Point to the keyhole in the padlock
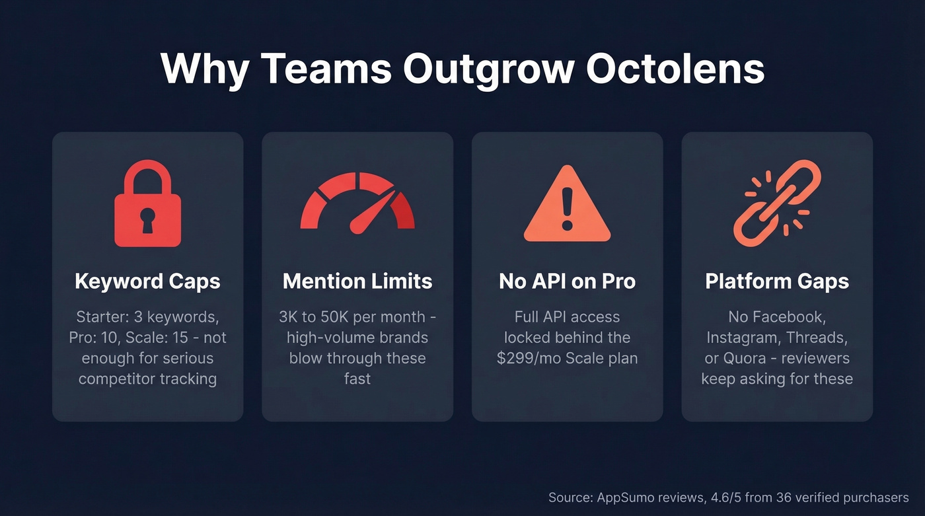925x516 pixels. [x=147, y=221]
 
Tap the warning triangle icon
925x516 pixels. [x=567, y=204]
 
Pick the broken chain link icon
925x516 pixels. [x=777, y=203]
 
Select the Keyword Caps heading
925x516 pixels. [x=147, y=281]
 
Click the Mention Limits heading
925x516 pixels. [x=357, y=281]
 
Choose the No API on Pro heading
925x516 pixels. [x=567, y=281]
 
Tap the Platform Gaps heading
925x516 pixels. [x=777, y=281]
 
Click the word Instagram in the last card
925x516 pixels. [x=739, y=338]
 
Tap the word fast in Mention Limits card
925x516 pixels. [x=357, y=379]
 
